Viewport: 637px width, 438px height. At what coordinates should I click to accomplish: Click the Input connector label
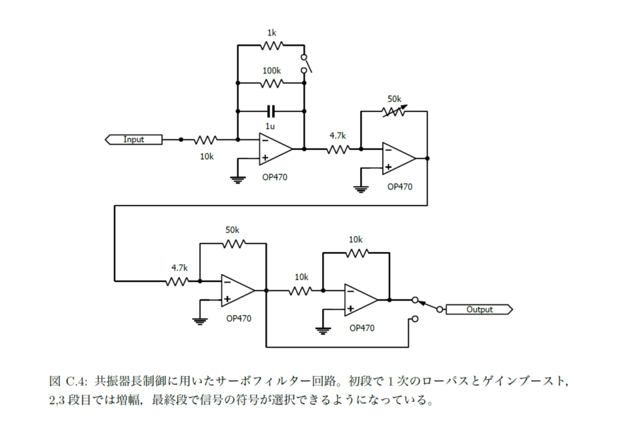pyautogui.click(x=133, y=139)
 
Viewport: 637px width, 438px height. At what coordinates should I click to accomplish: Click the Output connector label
pyautogui.click(x=479, y=309)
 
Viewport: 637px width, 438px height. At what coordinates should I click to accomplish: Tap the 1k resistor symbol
pyautogui.click(x=271, y=45)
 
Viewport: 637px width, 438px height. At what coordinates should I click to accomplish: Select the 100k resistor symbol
pyautogui.click(x=271, y=83)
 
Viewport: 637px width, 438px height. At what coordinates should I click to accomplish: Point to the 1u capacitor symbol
pyautogui.click(x=271, y=111)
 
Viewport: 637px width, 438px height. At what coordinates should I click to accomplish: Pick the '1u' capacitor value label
pyautogui.click(x=270, y=126)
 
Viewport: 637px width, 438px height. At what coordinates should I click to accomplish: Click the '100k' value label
pyautogui.click(x=271, y=71)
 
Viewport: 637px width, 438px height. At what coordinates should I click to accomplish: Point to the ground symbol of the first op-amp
pyautogui.click(x=238, y=179)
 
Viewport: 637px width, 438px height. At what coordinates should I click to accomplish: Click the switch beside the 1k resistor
pyautogui.click(x=305, y=64)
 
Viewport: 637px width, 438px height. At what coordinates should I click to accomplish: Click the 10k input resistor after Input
pyautogui.click(x=205, y=139)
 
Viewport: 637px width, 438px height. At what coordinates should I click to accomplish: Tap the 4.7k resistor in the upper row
pyautogui.click(x=338, y=149)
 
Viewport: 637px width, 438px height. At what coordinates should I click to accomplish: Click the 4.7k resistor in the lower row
pyautogui.click(x=177, y=281)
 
